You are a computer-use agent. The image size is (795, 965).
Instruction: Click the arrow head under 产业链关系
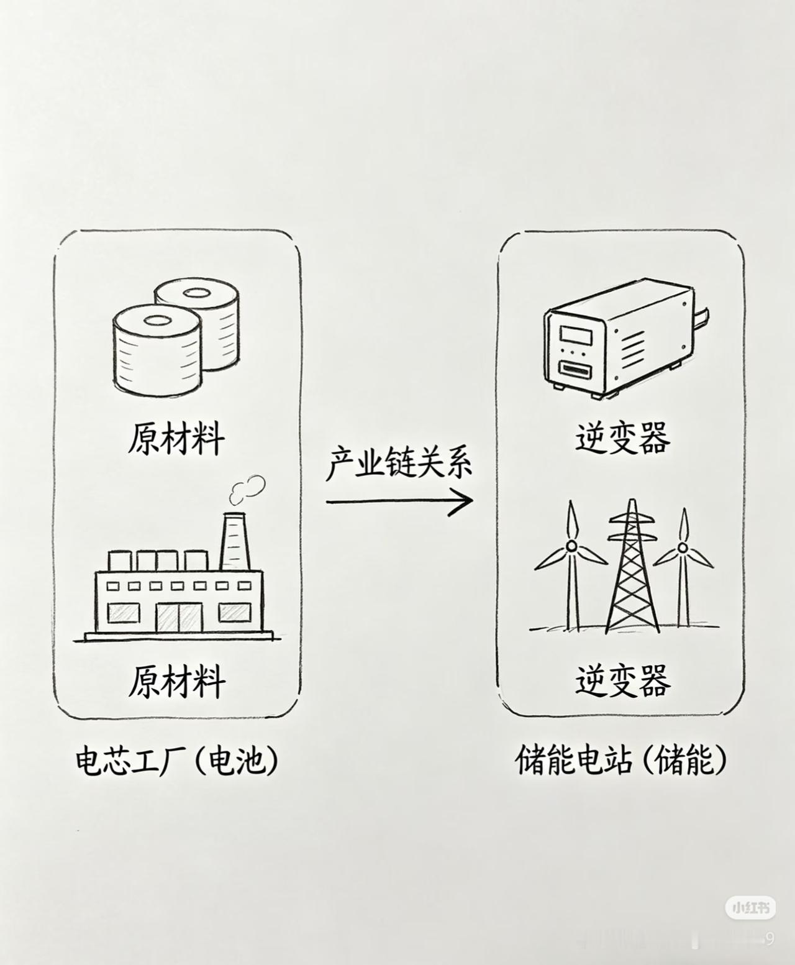[462, 501]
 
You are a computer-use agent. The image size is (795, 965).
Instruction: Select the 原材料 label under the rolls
[176, 437]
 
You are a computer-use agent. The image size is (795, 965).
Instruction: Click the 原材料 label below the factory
[176, 682]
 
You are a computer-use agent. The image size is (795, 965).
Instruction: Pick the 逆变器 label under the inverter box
[622, 437]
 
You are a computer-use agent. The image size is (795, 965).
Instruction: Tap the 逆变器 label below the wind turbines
[622, 682]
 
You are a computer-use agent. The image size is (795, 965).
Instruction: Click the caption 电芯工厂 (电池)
[177, 761]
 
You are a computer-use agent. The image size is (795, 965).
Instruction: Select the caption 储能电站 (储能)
[621, 760]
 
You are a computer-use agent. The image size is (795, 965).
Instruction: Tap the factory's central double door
[179, 618]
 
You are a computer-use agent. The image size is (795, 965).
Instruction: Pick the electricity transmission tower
[632, 565]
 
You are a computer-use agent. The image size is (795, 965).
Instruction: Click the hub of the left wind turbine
[571, 546]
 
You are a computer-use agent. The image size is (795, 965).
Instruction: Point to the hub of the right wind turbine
[683, 547]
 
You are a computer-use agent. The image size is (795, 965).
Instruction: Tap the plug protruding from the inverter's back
[702, 316]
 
